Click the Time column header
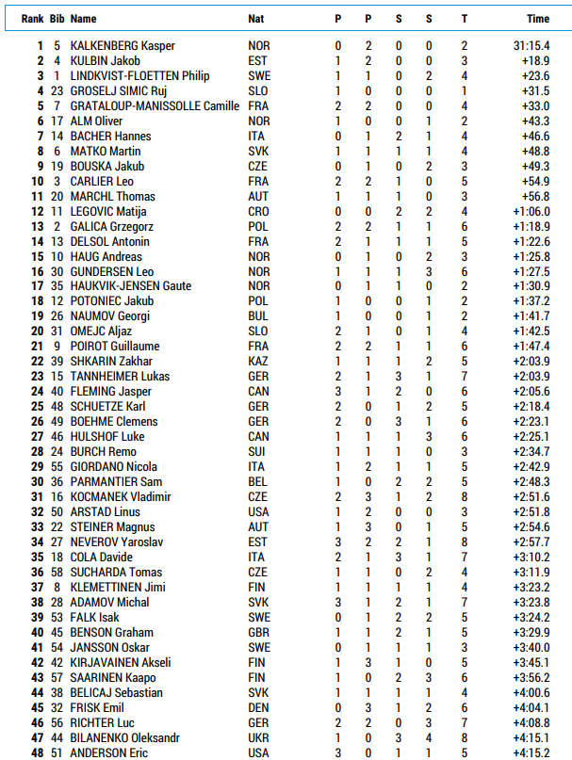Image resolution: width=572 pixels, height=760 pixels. point(538,19)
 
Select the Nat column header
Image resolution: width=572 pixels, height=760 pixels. point(255,19)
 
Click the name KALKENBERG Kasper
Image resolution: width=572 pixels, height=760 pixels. point(123,46)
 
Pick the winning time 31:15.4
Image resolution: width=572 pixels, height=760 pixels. point(531,46)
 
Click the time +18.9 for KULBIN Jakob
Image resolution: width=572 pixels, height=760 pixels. point(535,61)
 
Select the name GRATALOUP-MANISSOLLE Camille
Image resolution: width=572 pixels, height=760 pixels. point(155,106)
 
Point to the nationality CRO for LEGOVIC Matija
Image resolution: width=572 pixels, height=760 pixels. point(258,212)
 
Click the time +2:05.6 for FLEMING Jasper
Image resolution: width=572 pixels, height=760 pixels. point(531,392)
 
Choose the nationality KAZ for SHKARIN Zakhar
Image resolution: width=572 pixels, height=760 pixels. point(258,362)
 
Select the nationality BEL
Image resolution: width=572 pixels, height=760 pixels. point(257,482)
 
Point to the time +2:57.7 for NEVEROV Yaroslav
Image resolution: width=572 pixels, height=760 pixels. point(531,542)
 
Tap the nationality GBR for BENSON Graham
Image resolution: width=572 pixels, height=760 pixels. point(258,633)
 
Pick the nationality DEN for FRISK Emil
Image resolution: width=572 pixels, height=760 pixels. point(258,708)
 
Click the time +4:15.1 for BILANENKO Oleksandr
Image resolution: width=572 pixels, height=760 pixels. point(531,738)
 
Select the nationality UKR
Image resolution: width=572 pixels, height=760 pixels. point(258,738)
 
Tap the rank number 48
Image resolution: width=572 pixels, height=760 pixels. point(37,753)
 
